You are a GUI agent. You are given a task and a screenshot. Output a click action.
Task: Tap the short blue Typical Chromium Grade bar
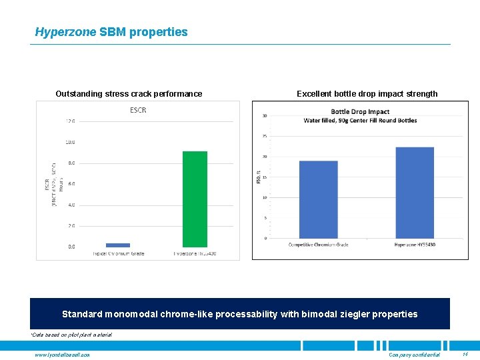[118, 245]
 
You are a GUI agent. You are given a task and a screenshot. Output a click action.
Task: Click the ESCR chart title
[139, 110]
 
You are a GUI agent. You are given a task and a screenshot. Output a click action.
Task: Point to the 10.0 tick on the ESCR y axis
[70, 142]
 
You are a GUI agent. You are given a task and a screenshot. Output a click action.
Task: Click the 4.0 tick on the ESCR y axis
[70, 205]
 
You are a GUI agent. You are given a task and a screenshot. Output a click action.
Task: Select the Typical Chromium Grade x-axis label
[118, 253]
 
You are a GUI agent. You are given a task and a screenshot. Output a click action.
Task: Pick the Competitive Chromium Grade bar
[318, 199]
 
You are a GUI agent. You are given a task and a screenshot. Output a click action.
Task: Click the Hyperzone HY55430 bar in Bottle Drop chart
[415, 193]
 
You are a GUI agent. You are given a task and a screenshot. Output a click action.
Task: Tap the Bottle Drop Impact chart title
[360, 112]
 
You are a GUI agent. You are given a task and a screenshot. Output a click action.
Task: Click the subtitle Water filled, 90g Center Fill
[360, 121]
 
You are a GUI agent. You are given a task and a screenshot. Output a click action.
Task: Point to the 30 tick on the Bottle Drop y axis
[265, 116]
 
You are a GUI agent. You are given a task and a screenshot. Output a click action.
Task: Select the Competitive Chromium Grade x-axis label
[318, 245]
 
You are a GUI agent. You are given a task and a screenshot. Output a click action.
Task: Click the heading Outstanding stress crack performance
[129, 94]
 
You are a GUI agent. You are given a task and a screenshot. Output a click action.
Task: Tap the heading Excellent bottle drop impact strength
[367, 94]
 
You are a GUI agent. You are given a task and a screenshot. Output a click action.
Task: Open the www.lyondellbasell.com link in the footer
[62, 354]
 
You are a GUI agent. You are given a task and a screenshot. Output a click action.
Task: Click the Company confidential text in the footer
[414, 354]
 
